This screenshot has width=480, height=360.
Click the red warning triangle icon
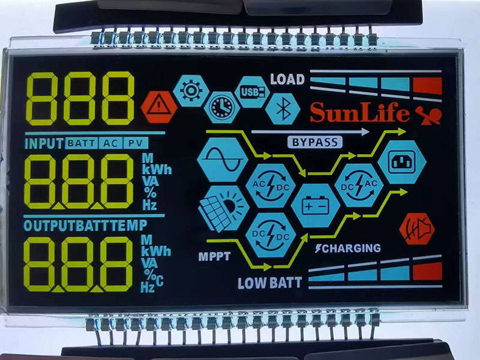point(159,106)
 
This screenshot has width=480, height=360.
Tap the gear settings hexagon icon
point(191,91)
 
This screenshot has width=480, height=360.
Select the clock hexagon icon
point(222,107)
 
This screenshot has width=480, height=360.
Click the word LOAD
point(287,79)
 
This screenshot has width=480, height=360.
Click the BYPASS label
point(315,142)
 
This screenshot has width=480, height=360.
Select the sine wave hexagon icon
point(223,159)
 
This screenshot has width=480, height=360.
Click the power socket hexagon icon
point(401,161)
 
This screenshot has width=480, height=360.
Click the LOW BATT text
point(269,283)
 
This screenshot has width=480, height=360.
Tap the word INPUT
point(44,143)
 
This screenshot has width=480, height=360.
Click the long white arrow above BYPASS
point(310,131)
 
